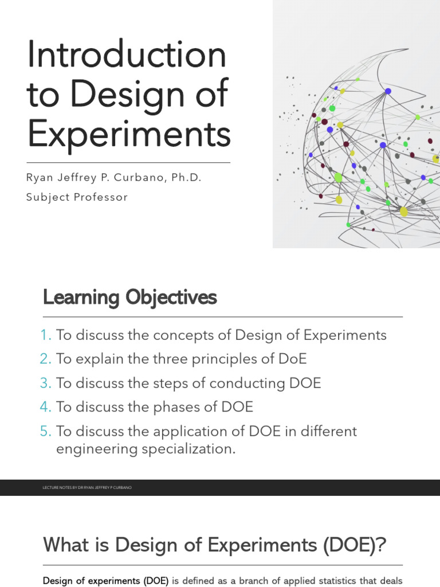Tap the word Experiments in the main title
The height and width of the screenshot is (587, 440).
pos(128,134)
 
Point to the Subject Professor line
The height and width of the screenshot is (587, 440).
pos(77,197)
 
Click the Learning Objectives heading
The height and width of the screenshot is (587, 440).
pos(129,298)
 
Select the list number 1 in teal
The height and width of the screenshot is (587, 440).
pos(46,335)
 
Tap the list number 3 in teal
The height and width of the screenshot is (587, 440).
pos(46,383)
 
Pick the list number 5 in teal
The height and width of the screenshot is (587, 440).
pos(46,431)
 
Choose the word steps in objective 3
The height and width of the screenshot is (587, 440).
pos(185,383)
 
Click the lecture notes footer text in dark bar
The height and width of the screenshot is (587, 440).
pos(87,487)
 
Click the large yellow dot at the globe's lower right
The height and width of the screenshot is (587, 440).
pos(404,212)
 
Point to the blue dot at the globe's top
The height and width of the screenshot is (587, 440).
pos(388,91)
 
